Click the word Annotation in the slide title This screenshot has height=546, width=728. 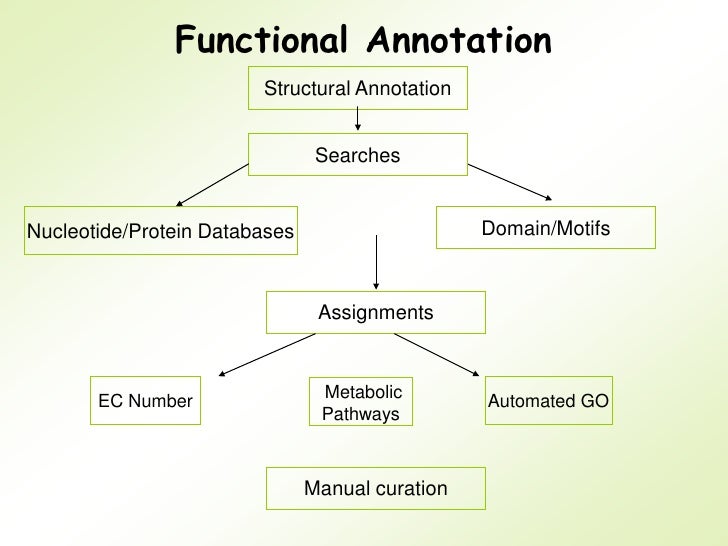pyautogui.click(x=459, y=39)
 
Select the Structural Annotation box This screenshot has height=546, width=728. pyautogui.click(x=357, y=90)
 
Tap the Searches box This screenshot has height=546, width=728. pyautogui.click(x=357, y=155)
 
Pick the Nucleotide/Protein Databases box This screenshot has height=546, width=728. pyautogui.click(x=161, y=232)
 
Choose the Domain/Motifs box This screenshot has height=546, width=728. pyautogui.click(x=546, y=228)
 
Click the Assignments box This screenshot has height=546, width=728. pyautogui.click(x=376, y=313)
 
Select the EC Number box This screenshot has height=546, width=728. pyautogui.click(x=146, y=401)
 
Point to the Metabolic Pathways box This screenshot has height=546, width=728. pyautogui.click(x=361, y=402)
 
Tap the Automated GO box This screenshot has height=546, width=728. pyautogui.click(x=548, y=401)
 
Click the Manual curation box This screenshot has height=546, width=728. pyautogui.click(x=376, y=489)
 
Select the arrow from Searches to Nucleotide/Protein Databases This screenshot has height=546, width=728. pyautogui.click(x=212, y=185)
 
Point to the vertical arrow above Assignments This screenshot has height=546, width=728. pyautogui.click(x=375, y=262)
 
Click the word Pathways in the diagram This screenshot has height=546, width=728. pyautogui.click(x=361, y=414)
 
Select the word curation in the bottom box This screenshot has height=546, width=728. pyautogui.click(x=412, y=489)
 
